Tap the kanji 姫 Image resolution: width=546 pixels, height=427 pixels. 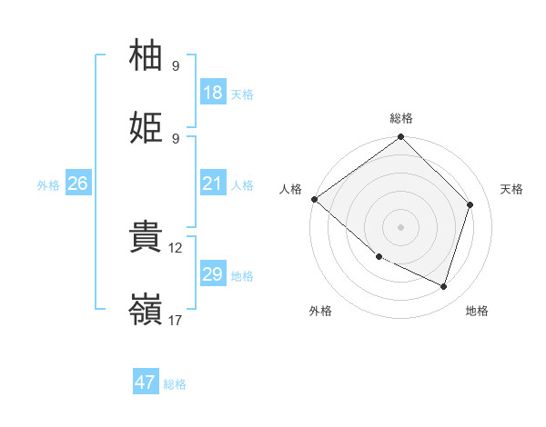tap(147, 129)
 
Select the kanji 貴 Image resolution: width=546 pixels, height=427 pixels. tap(147, 238)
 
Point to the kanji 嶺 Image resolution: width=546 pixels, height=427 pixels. tap(147, 311)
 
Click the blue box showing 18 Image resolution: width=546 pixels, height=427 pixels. tap(212, 93)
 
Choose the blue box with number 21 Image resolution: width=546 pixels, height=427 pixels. tap(212, 184)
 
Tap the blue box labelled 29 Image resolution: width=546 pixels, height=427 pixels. tap(212, 274)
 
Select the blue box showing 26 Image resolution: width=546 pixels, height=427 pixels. tap(77, 184)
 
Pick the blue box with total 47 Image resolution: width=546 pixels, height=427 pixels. tap(146, 382)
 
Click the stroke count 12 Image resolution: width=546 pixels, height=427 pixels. tap(176, 247)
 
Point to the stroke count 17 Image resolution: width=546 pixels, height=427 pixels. tap(176, 320)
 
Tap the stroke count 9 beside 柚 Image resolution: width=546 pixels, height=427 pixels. tap(176, 65)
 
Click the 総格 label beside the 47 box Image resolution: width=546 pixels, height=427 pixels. tap(175, 384)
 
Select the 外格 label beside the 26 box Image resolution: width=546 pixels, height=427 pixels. tap(48, 184)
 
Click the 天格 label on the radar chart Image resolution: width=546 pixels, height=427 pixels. tap(511, 189)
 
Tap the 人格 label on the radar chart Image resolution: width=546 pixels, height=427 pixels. tap(289, 189)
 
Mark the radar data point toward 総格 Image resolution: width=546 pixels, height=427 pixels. tap(400, 138)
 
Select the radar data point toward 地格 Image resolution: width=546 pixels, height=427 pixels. tap(443, 286)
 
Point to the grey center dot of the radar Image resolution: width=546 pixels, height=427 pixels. tap(400, 226)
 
